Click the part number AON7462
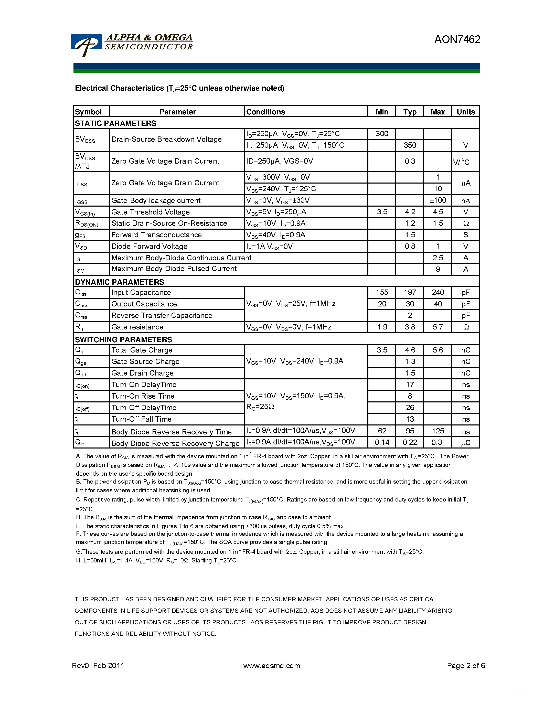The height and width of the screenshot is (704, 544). coord(457,39)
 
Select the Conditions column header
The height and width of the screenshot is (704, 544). coord(265,112)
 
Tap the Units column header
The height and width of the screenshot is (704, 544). coord(465,112)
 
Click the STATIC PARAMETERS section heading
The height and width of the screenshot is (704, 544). coord(115,123)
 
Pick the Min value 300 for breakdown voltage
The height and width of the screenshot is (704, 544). coord(382,134)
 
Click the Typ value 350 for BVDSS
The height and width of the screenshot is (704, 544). coord(410,145)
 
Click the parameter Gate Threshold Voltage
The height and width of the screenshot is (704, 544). coord(150,212)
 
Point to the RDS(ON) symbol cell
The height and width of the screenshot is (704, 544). coord(86,223)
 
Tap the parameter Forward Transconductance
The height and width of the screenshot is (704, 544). coord(156,235)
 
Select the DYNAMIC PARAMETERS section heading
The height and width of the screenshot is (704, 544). coord(119,282)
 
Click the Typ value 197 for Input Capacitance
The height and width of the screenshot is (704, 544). coord(410,292)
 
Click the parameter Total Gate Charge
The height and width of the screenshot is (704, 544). coord(142,350)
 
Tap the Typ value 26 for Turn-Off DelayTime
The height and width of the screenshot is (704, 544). coord(410,408)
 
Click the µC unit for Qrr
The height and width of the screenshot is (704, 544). coord(465,443)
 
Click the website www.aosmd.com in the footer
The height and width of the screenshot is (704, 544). coord(271,666)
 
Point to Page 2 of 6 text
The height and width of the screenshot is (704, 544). coord(465,666)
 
